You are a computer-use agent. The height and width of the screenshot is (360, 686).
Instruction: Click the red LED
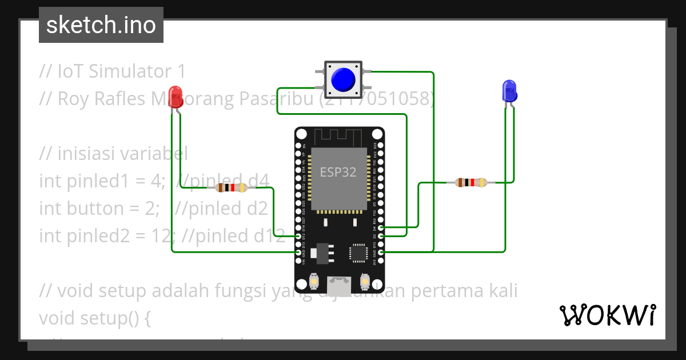176,96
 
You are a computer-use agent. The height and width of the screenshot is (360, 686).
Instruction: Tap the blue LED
508,91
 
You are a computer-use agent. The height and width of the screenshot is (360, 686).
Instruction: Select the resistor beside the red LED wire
231,187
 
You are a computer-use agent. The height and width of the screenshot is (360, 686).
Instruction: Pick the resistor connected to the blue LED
471,183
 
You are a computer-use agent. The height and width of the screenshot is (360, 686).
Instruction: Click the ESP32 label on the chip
338,172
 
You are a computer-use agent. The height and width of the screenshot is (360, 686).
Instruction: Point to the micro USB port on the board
339,282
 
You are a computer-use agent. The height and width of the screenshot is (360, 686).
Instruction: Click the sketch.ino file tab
101,25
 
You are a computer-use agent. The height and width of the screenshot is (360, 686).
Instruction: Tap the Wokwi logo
607,315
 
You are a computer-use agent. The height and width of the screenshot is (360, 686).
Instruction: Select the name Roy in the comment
74,99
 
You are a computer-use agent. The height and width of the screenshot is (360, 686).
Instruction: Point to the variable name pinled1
99,182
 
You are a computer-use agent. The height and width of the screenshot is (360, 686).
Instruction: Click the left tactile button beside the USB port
314,282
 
